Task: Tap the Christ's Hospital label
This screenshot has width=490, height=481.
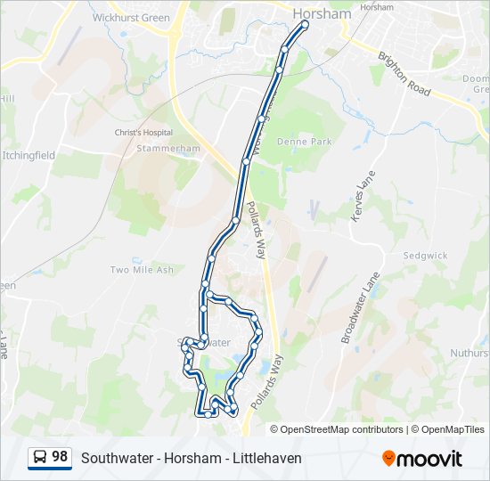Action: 141,133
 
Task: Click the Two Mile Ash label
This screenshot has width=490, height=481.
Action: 142,269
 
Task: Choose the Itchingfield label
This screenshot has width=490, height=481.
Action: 29,155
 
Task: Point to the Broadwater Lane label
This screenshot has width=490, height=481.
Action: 361,307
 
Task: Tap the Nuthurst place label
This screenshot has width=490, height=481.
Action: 470,354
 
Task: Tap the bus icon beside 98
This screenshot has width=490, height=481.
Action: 40,458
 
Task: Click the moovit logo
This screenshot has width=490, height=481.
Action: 422,458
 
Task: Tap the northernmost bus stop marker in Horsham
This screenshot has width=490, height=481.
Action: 305,25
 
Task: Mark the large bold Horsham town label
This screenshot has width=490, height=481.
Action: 322,13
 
